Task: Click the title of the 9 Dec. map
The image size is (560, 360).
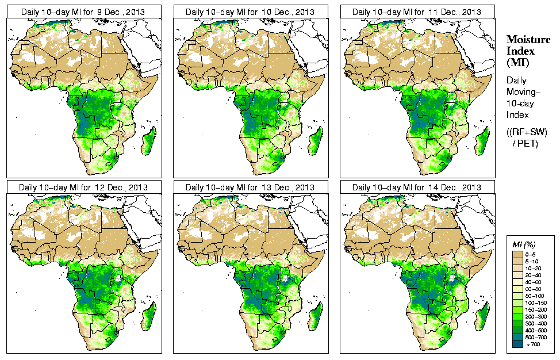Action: pyautogui.click(x=83, y=12)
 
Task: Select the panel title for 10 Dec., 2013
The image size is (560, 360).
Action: pyautogui.click(x=250, y=12)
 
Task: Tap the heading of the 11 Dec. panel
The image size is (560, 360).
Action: pyautogui.click(x=417, y=12)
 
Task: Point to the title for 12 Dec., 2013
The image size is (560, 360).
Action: pyautogui.click(x=83, y=187)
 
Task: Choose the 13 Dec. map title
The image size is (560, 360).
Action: pyautogui.click(x=250, y=187)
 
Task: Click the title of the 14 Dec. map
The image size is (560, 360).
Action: pyautogui.click(x=417, y=187)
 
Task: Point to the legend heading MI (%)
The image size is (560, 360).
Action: pyautogui.click(x=524, y=245)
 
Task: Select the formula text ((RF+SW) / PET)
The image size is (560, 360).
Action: pyautogui.click(x=527, y=137)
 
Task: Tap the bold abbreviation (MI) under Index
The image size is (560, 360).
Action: pyautogui.click(x=517, y=62)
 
